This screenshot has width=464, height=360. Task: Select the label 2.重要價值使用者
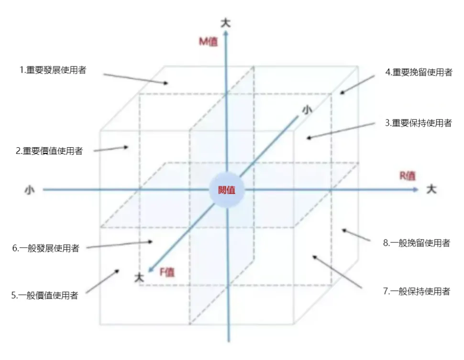point(49,151)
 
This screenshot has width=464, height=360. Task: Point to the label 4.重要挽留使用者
point(419,72)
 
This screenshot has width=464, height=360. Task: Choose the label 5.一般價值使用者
point(44,295)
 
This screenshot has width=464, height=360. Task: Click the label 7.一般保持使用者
point(416,291)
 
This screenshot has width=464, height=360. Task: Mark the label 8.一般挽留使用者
point(416,243)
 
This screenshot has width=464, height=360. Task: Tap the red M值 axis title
point(208,42)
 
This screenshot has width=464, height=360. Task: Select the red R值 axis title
point(408,175)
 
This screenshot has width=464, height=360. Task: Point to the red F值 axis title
point(167,273)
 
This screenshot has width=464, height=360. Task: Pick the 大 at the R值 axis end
point(431,190)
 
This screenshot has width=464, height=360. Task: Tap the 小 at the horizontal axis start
point(30,190)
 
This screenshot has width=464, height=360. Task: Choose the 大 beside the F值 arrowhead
point(139,277)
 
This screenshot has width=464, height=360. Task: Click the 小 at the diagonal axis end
point(307,109)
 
